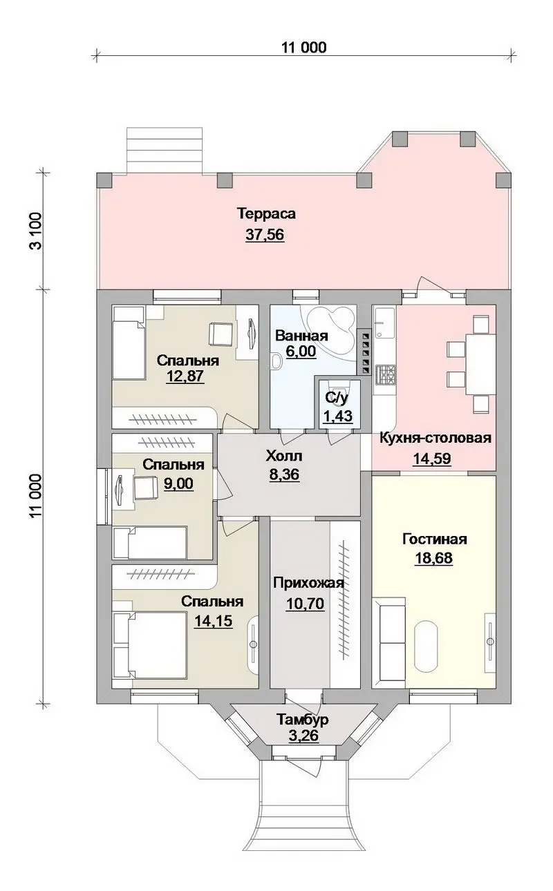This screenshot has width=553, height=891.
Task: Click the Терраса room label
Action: [x=266, y=213]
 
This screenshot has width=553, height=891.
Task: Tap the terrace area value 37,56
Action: [x=265, y=235]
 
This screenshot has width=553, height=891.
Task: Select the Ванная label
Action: [x=301, y=336]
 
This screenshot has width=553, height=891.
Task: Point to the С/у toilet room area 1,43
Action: [x=337, y=416]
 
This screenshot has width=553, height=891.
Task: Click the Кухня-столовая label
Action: [x=435, y=438]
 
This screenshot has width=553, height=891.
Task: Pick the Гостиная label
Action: [x=434, y=539]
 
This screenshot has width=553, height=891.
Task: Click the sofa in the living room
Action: [x=389, y=643]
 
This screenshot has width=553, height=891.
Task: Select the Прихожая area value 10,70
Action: [x=305, y=604]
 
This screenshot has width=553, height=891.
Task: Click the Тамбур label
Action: [x=302, y=719]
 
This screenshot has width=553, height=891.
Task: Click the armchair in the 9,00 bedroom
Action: [x=147, y=488]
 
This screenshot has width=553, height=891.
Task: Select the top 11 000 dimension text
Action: [x=303, y=48]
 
